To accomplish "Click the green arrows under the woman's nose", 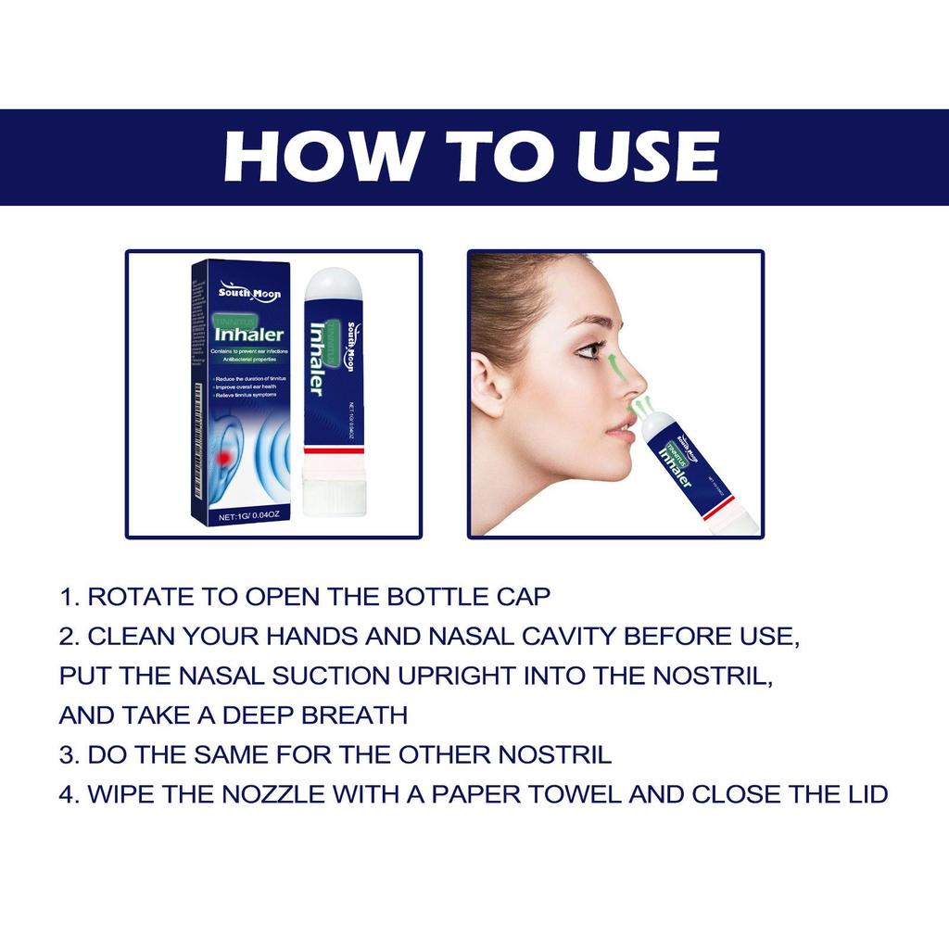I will point(639,405).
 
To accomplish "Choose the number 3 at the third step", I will point(66,754).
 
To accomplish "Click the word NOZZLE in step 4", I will point(268,794).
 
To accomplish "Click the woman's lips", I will point(619,428).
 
